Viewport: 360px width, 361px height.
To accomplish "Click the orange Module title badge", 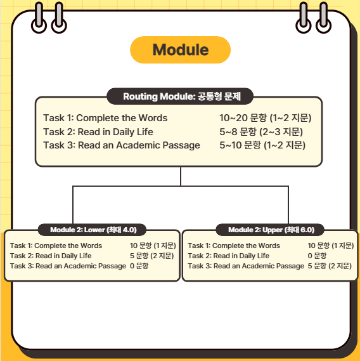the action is tap(180, 49).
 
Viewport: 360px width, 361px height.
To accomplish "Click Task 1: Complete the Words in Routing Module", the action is tap(105, 118).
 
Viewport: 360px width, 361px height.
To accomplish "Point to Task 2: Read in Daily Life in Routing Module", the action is tap(98, 132).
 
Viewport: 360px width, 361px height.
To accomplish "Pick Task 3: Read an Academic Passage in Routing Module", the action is tap(122, 145).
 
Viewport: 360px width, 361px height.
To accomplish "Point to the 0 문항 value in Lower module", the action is tap(139, 266).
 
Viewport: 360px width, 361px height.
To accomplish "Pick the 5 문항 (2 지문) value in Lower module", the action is tap(152, 256).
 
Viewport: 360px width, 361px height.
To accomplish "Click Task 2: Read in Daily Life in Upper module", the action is tap(228, 256).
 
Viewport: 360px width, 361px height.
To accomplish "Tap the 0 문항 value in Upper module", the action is tap(317, 256).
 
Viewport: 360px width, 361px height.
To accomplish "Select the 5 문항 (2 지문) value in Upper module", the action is tap(330, 266).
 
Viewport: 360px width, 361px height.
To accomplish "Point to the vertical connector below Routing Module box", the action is tap(181, 176).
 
